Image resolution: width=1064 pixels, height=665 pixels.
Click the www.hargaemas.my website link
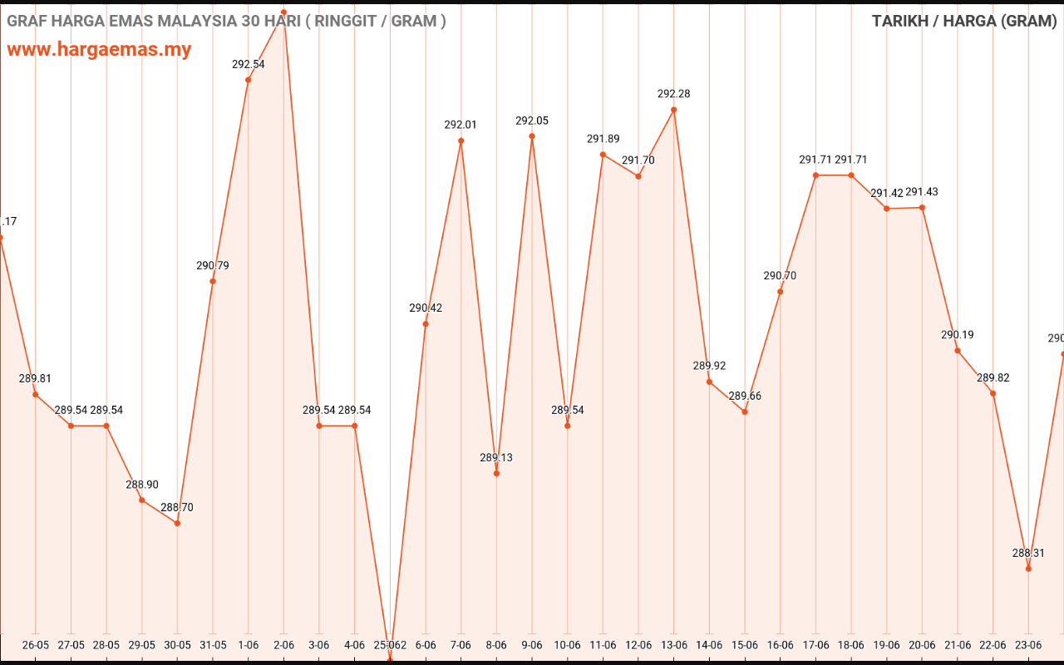point(99,49)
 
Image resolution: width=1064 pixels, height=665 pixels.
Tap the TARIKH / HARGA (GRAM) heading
point(964,21)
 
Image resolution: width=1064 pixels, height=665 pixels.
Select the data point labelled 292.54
point(249,80)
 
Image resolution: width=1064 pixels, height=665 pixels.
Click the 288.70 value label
point(177,507)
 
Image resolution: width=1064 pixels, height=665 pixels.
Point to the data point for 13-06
point(674,110)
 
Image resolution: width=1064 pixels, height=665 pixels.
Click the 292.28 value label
point(674,94)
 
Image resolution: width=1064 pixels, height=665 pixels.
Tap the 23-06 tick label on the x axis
point(1028,644)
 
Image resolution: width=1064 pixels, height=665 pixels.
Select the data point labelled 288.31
point(1029,569)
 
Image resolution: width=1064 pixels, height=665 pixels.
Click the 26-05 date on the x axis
point(35,644)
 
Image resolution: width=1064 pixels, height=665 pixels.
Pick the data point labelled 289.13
point(496,474)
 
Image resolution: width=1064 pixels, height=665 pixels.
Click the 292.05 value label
point(532,121)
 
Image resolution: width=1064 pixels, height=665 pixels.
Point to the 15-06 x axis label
point(745,644)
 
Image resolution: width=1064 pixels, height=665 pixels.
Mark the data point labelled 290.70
point(781,292)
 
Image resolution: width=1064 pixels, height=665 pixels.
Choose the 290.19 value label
point(958,335)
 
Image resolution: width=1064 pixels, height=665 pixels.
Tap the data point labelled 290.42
point(426,323)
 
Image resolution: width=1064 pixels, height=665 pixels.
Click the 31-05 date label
point(213,644)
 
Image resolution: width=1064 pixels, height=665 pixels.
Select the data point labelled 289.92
point(709,382)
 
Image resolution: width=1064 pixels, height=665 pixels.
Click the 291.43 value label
point(922,192)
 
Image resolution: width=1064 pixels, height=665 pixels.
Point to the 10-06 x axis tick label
point(567,644)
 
